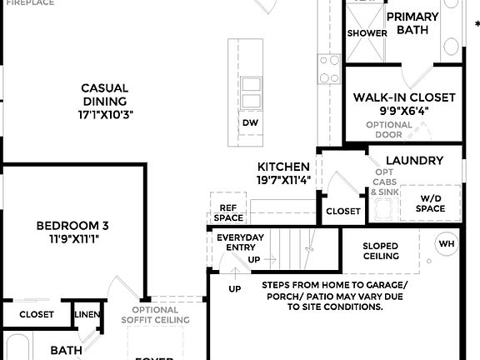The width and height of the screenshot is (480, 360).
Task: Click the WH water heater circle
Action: pos(447,243)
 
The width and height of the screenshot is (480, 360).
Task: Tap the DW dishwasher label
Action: pos(250,122)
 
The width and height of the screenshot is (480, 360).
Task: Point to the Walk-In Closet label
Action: pos(404,97)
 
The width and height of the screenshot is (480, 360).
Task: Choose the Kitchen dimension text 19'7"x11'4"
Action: pos(283,179)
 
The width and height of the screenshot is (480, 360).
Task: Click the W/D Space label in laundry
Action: pos(431,203)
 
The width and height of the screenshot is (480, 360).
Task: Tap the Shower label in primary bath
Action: pos(367,33)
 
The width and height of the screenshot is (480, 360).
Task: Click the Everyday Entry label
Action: pos(240,242)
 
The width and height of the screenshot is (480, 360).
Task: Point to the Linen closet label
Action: pos(86,314)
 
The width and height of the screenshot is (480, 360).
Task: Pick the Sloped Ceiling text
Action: pos(380,251)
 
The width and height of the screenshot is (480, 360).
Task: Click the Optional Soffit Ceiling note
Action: pos(155,314)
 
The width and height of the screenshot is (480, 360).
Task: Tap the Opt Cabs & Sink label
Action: pos(384,181)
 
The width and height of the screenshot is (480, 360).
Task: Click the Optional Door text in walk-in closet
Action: pos(388,129)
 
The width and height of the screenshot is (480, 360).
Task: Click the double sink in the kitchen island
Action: pos(250,92)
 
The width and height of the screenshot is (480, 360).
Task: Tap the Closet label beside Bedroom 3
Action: pos(36,314)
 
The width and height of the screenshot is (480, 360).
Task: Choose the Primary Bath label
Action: pos(412,23)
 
